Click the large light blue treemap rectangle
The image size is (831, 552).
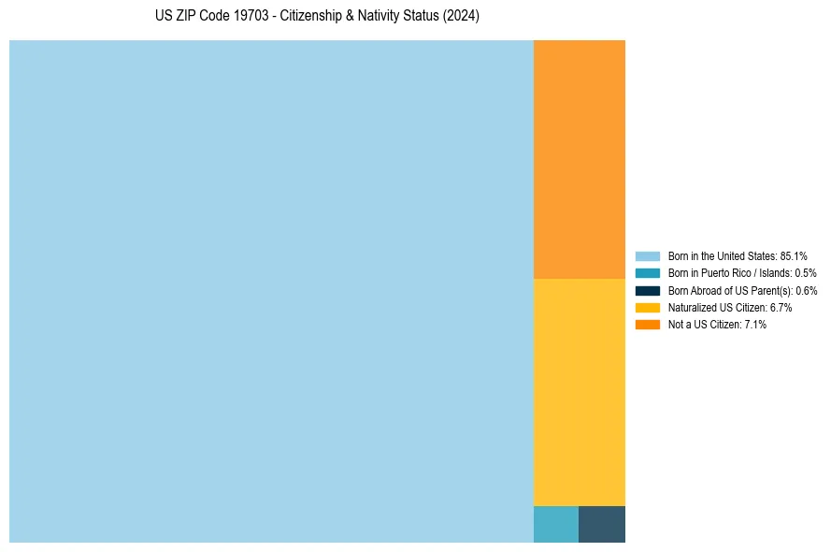(x=271, y=291)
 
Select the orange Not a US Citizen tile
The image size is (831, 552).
(x=579, y=159)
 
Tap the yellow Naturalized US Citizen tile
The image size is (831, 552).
(x=579, y=392)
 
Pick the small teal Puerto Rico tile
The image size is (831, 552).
(x=555, y=524)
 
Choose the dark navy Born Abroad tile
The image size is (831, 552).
(x=602, y=524)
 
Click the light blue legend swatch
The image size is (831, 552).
(x=648, y=256)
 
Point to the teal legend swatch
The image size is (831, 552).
(x=648, y=273)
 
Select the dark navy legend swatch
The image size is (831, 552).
(x=648, y=290)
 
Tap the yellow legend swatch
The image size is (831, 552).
(x=648, y=307)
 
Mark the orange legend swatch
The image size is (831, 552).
(x=648, y=324)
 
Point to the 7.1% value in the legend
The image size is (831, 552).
(x=754, y=324)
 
